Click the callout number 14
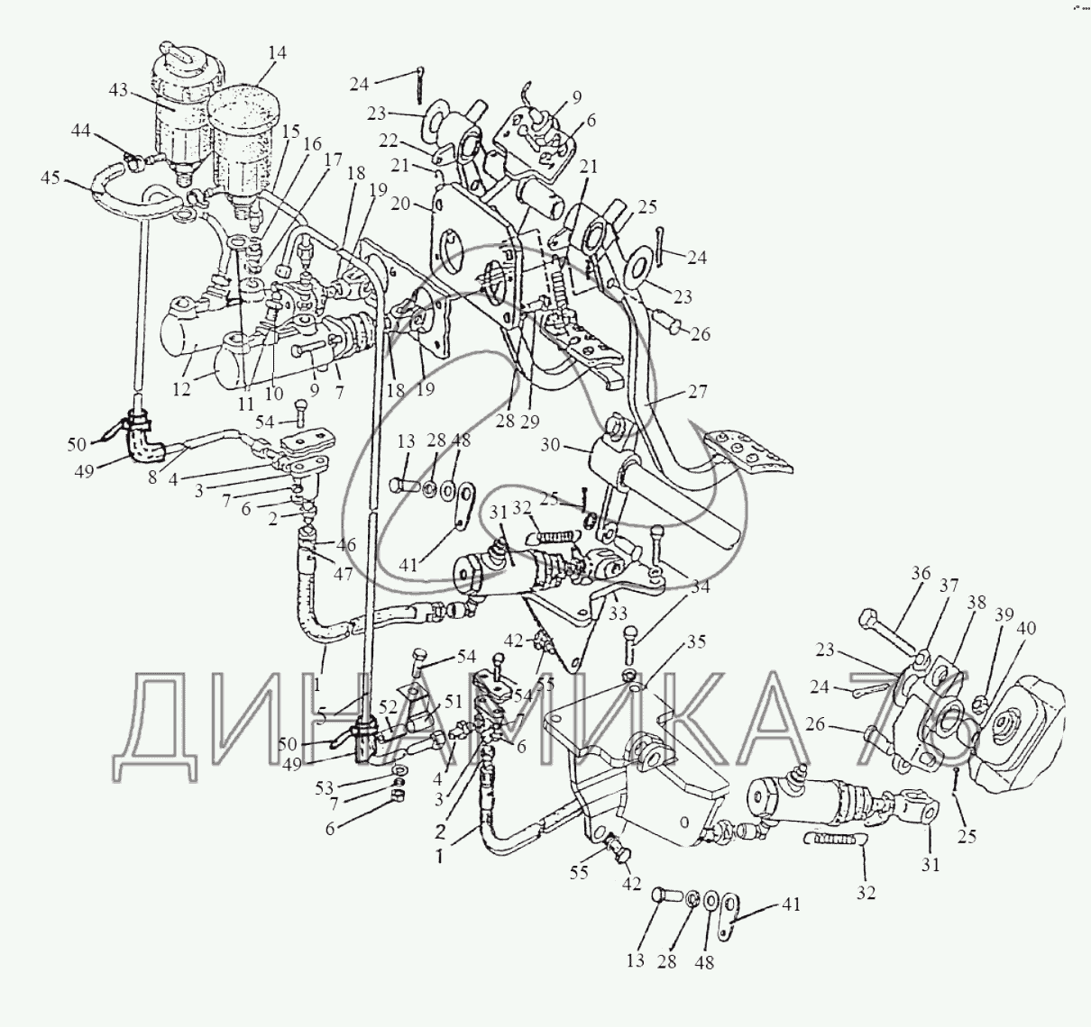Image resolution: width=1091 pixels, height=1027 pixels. [278, 53]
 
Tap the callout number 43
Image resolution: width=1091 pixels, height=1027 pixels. [119, 90]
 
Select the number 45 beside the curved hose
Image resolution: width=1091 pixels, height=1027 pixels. [50, 177]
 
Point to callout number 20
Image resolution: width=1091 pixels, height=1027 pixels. [401, 204]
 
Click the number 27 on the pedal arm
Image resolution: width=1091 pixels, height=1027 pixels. [697, 392]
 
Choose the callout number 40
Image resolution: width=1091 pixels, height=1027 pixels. [1027, 629]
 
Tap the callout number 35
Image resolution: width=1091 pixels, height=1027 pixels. [696, 641]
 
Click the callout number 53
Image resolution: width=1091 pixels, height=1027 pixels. [324, 788]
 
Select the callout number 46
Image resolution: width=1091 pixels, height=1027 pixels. [346, 545]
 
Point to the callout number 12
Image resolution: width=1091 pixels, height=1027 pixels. [181, 389]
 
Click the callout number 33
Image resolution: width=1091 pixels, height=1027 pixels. [618, 613]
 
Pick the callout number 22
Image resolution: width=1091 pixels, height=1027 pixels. [389, 141]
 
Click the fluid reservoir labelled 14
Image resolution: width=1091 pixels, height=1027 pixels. [244, 154]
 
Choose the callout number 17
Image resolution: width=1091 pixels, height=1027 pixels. [332, 160]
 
